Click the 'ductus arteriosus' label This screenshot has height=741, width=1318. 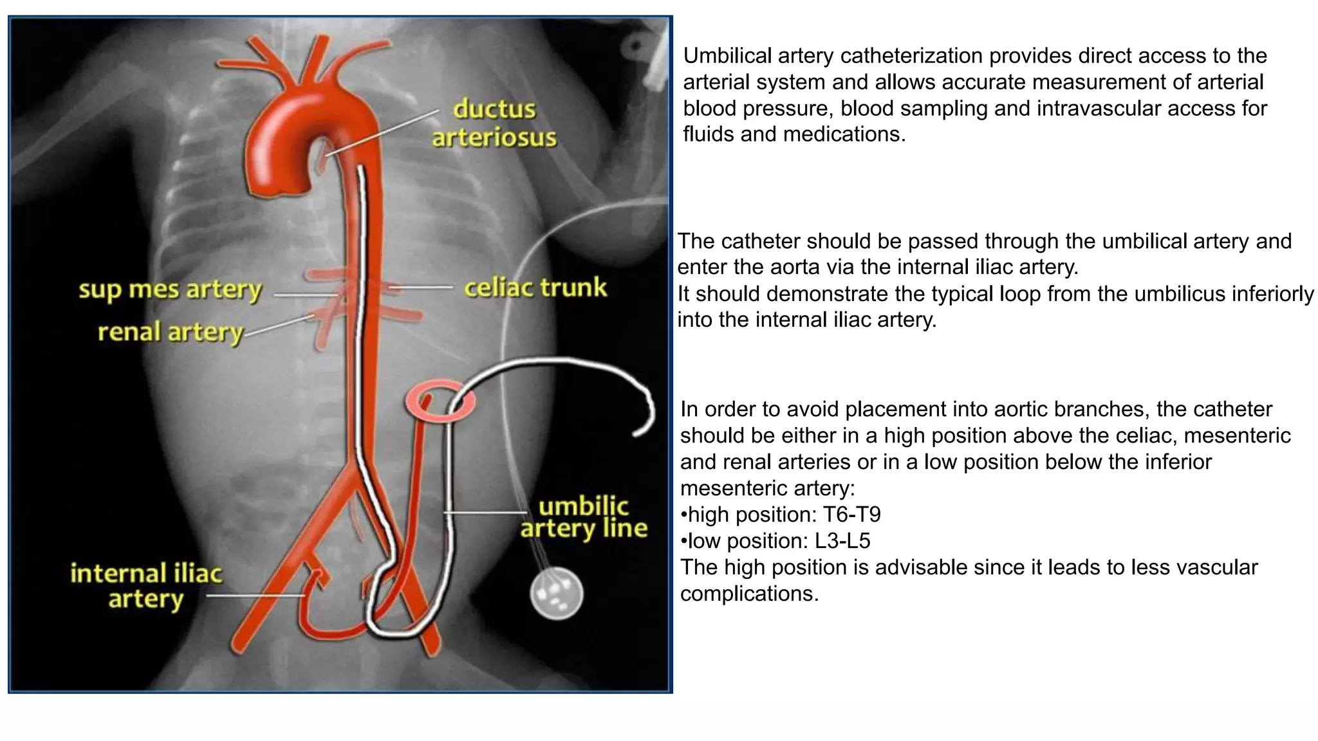click(494, 123)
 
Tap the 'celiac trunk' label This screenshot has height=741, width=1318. click(535, 288)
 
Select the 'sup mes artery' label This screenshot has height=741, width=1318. click(170, 290)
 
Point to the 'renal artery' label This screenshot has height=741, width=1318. click(171, 333)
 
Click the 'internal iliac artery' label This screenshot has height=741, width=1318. click(146, 586)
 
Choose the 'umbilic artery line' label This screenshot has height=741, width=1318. click(584, 517)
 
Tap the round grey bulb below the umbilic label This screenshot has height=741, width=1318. click(556, 594)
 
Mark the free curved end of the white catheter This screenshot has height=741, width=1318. click(637, 432)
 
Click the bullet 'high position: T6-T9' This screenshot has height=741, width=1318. click(781, 515)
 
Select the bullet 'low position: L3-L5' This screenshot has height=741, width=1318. click(775, 541)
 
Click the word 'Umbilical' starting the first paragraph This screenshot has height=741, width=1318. click(727, 56)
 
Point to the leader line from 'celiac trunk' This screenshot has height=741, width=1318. click(422, 287)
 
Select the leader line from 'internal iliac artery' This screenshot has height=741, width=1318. click(255, 596)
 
